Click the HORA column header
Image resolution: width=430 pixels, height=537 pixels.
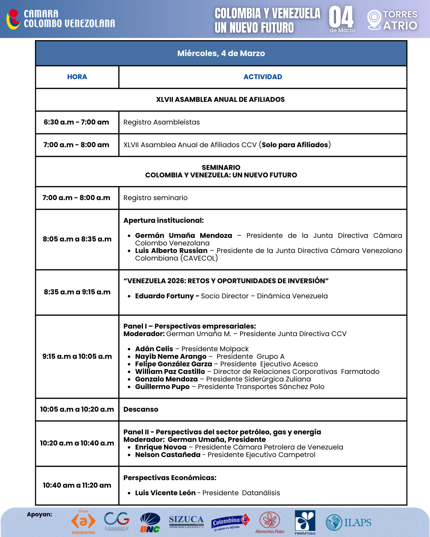coord(77,77)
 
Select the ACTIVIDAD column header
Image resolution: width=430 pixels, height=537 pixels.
coord(263,77)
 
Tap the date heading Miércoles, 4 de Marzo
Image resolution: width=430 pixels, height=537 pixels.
coord(221,53)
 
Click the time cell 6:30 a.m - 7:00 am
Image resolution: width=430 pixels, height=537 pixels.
coord(76,122)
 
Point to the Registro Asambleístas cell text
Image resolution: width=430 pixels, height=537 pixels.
coord(162,122)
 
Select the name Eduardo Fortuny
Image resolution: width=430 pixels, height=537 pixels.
coord(164,296)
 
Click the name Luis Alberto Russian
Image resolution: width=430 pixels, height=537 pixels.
coord(171,251)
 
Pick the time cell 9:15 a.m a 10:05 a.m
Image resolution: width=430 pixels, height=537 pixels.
coord(77,356)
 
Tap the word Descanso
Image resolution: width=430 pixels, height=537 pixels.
coord(141,409)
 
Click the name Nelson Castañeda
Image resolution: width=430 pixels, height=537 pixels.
coord(168,455)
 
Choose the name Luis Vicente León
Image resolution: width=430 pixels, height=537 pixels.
coord(165,493)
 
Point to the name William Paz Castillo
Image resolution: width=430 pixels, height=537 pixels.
coord(170,372)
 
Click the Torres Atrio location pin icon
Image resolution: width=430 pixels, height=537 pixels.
coord(374,19)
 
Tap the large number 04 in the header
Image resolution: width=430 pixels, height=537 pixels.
coord(341,17)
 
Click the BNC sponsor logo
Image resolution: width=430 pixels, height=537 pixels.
coord(150,522)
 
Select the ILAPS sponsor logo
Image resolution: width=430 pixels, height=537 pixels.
coord(348,522)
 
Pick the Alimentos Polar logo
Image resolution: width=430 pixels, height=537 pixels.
coord(270,522)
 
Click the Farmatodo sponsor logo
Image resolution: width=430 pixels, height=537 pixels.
coord(305,522)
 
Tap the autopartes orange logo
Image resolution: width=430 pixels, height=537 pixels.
coord(83,522)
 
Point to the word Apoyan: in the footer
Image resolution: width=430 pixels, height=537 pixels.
coord(39,514)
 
